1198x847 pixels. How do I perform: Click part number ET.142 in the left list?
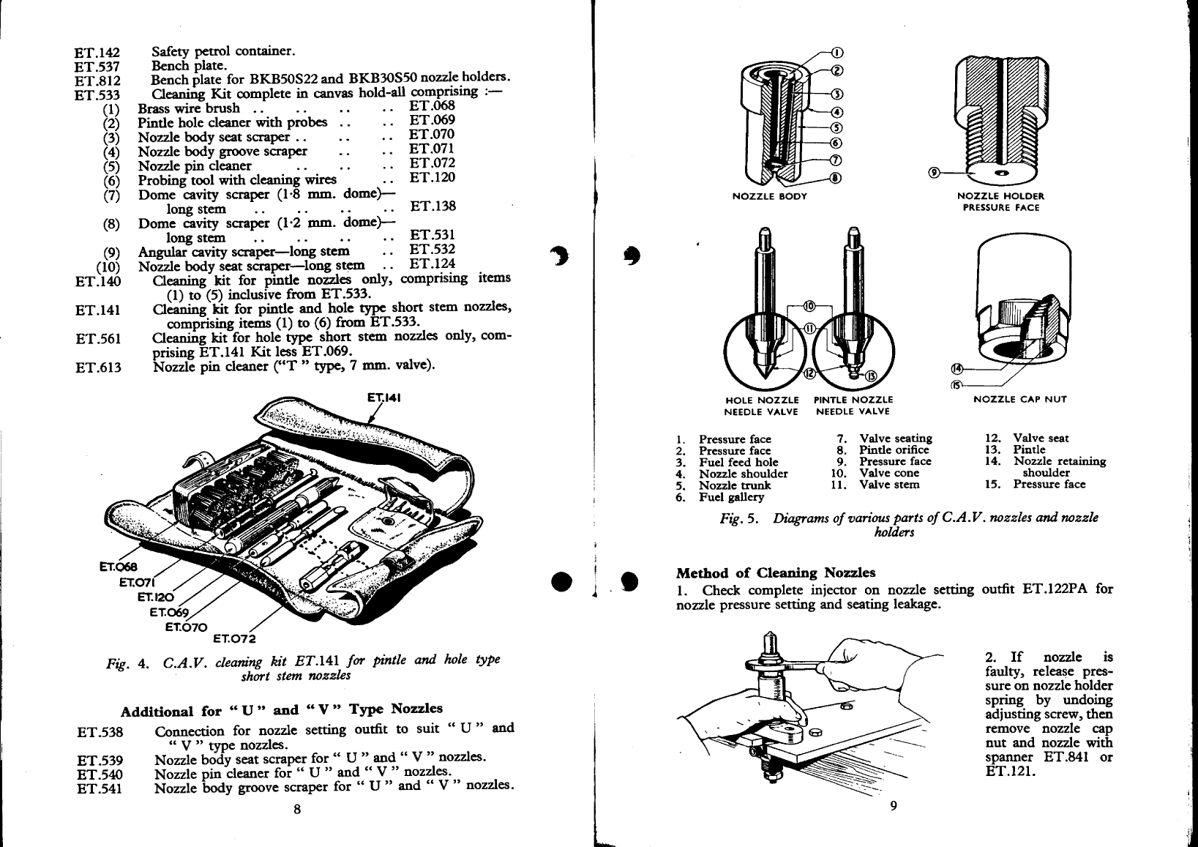pyautogui.click(x=97, y=53)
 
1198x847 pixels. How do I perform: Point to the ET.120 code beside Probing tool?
pyautogui.click(x=432, y=177)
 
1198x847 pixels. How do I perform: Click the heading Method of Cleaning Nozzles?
pyautogui.click(x=776, y=572)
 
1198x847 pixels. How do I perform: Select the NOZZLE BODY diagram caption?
pyautogui.click(x=770, y=196)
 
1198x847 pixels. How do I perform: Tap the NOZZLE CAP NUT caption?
pyautogui.click(x=1020, y=400)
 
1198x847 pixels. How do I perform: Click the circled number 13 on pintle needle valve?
pyautogui.click(x=870, y=376)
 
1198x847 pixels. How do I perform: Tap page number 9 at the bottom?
pyautogui.click(x=894, y=806)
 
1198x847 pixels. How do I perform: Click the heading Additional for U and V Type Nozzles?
pyautogui.click(x=282, y=710)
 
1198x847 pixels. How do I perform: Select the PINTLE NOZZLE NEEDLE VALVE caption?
pyautogui.click(x=853, y=406)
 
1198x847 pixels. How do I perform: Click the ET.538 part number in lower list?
pyautogui.click(x=100, y=732)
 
